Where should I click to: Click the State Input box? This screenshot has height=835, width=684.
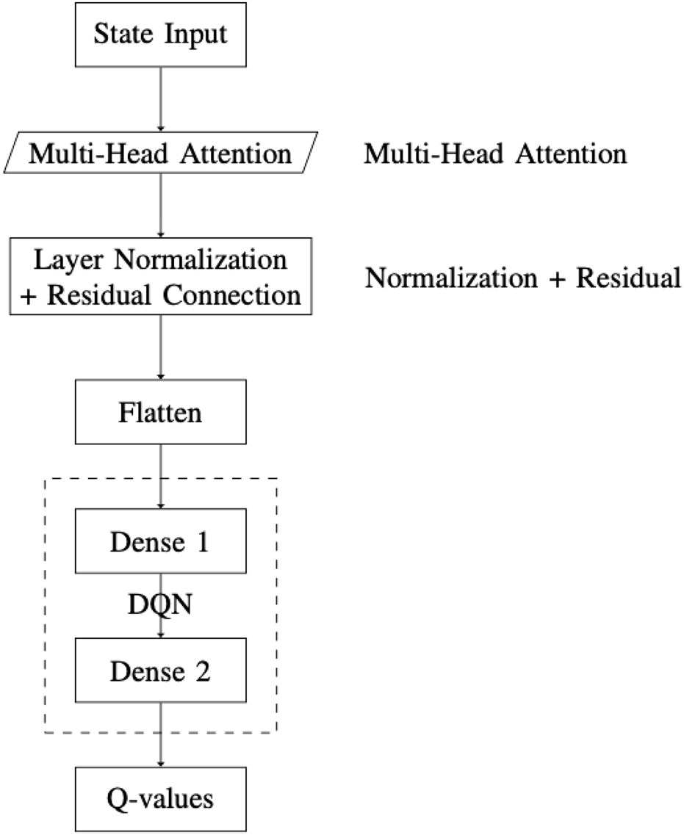pos(160,35)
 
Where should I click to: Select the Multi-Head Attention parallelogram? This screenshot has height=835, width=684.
pos(160,155)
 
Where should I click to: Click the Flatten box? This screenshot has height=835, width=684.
pos(160,413)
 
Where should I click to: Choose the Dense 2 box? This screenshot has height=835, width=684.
pos(160,670)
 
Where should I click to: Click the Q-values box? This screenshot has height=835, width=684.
pos(160,799)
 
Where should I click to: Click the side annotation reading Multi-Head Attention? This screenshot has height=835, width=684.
pos(495,155)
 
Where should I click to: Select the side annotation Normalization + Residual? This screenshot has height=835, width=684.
pos(523,278)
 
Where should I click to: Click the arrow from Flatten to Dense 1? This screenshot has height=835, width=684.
pos(160,477)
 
